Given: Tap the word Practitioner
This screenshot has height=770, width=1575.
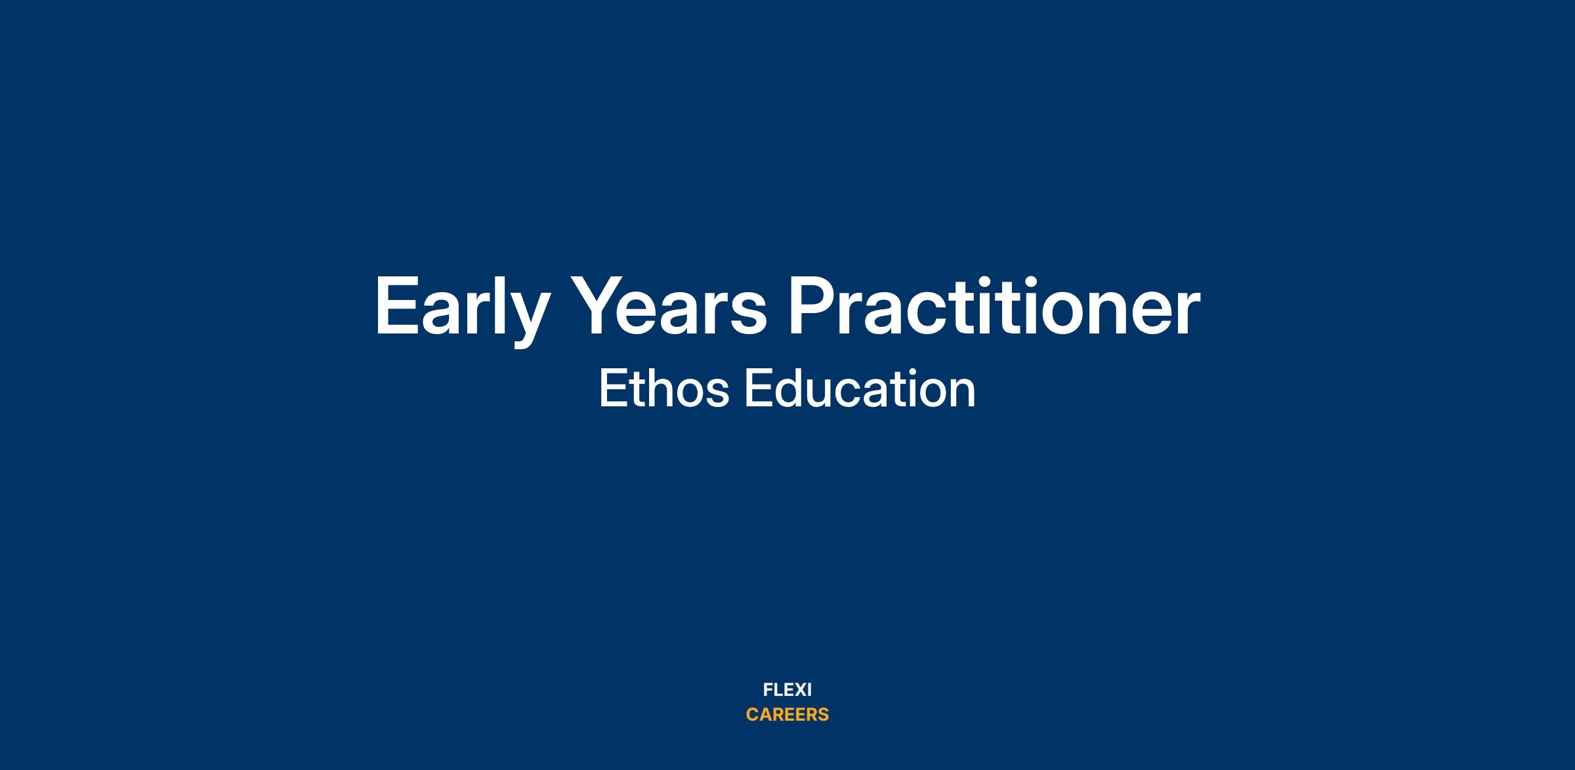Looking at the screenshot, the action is coord(994,305).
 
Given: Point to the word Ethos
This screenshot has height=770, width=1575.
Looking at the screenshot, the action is coord(664,389).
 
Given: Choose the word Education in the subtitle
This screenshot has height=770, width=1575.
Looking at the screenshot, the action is coord(860,389).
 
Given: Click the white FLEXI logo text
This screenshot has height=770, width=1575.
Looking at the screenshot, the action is coord(787,690).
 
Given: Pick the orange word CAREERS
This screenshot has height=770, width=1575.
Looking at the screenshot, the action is coord(787,715).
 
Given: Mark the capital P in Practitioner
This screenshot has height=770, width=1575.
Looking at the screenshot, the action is coord(814,306).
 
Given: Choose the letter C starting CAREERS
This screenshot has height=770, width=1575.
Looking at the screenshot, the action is coord(753,715).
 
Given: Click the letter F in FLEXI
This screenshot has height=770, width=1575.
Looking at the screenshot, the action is coord(768,690).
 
